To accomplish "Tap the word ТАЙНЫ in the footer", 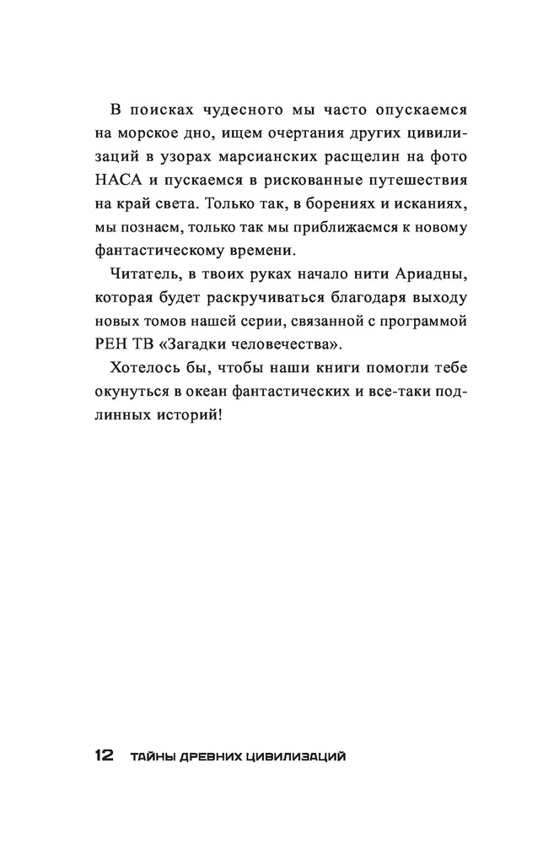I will point(150,756).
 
